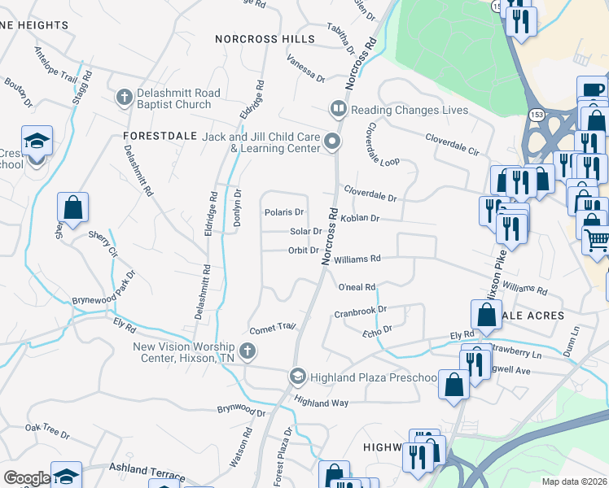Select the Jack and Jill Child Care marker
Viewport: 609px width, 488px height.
point(332,142)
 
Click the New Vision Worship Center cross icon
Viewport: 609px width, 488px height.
point(248,352)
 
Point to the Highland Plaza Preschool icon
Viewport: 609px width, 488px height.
point(297,377)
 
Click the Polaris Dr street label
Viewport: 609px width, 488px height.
point(284,212)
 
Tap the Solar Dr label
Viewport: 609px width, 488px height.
point(306,232)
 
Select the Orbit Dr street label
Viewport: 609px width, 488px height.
point(303,251)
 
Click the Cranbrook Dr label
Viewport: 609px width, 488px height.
point(360,312)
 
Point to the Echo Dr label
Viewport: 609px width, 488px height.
point(377,329)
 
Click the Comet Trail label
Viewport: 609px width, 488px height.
point(272,329)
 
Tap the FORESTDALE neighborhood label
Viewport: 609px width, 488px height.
point(160,136)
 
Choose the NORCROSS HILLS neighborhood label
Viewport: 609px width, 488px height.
point(265,39)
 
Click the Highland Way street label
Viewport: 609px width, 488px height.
point(322,403)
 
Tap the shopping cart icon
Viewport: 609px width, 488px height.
point(598,242)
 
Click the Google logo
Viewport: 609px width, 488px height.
point(26,478)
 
